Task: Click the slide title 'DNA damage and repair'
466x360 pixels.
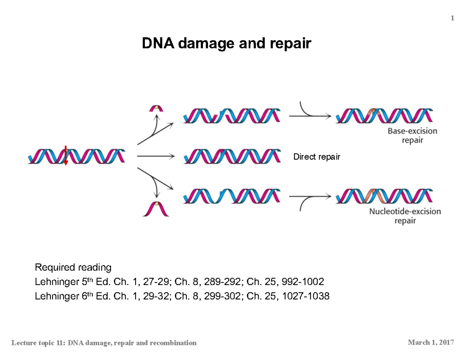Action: [226, 44]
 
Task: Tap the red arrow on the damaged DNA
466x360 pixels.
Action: [66, 155]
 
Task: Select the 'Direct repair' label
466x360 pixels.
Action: [316, 157]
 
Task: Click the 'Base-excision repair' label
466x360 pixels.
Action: [412, 135]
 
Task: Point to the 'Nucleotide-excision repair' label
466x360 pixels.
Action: [405, 216]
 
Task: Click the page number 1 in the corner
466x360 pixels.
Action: [452, 18]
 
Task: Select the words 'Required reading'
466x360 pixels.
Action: [73, 267]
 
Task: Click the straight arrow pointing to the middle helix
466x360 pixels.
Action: [155, 157]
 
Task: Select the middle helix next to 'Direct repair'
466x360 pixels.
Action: [232, 156]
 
